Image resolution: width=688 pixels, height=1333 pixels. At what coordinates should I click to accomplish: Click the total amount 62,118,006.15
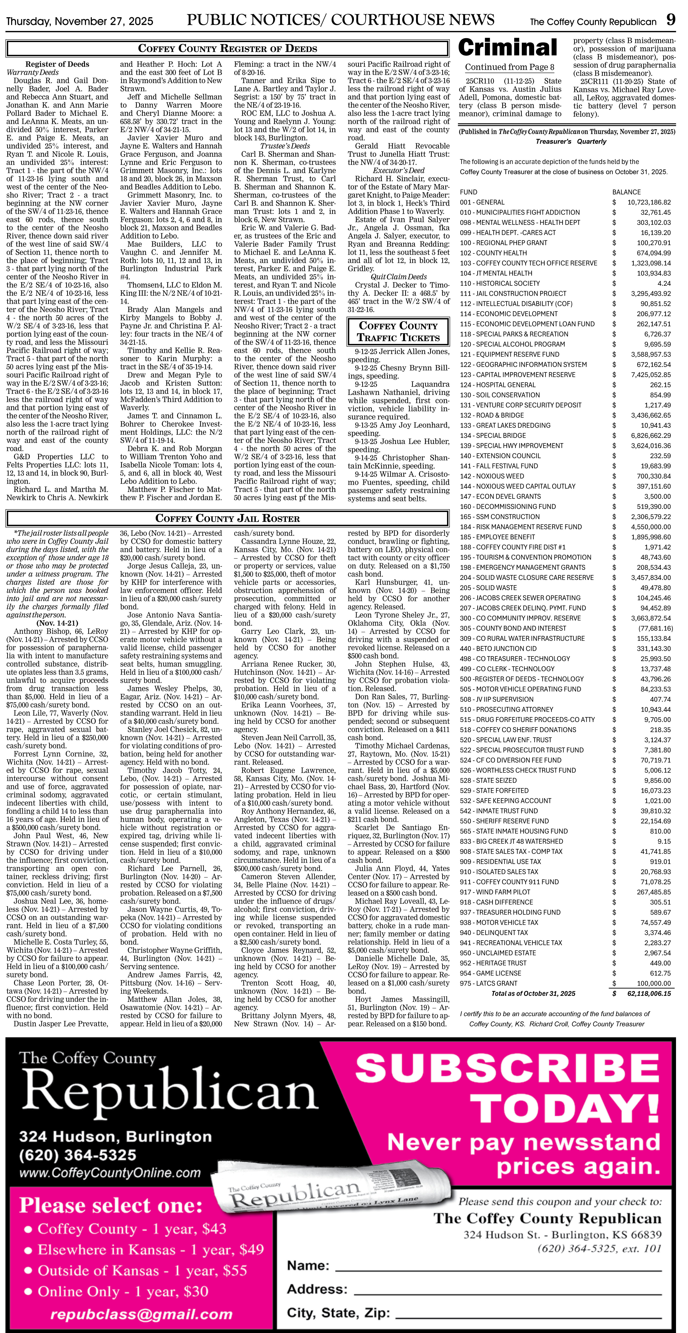point(649,993)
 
